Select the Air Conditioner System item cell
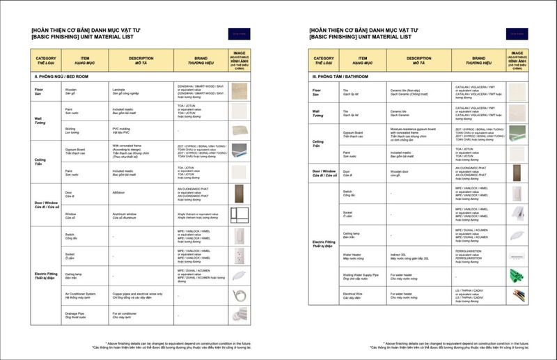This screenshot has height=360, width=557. point(80,295)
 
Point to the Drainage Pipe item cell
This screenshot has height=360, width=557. point(74,315)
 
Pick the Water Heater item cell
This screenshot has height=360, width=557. point(352,256)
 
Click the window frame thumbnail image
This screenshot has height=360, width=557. point(239,214)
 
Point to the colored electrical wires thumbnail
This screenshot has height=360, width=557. point(517,297)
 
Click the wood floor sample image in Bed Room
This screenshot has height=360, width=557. point(239,91)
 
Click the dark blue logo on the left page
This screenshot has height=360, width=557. point(238,33)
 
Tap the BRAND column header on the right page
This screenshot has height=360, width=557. point(473,61)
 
